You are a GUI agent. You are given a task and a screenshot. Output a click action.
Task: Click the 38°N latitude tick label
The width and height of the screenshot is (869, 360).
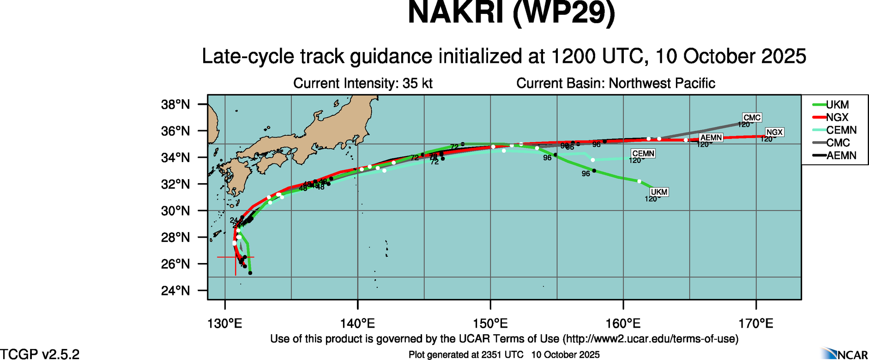175,105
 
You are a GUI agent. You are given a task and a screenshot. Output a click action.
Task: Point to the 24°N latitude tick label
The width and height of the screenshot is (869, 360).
175,291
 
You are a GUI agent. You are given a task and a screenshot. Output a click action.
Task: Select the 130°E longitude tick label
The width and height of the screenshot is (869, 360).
225,323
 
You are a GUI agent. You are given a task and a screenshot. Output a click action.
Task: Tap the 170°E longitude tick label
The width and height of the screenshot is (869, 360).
756,323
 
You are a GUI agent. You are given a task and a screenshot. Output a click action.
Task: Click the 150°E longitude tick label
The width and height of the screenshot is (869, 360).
490,323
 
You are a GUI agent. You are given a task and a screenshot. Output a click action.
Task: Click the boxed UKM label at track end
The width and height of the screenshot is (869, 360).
659,192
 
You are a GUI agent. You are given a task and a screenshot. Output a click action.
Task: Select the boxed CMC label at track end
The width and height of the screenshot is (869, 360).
752,118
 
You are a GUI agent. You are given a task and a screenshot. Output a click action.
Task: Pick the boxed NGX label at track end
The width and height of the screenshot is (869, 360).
774,132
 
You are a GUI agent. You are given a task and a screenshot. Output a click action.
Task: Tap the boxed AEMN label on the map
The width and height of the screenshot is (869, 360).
711,138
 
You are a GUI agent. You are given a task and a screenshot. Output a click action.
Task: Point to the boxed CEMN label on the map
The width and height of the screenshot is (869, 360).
643,154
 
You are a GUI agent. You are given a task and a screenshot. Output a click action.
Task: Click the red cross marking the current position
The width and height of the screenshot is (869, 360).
235,257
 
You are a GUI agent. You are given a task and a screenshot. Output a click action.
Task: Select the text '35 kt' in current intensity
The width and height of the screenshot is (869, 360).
417,84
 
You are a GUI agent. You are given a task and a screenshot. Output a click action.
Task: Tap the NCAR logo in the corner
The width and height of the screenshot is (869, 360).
845,354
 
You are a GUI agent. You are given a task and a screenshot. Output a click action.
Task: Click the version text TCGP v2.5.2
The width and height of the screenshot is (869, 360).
40,354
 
